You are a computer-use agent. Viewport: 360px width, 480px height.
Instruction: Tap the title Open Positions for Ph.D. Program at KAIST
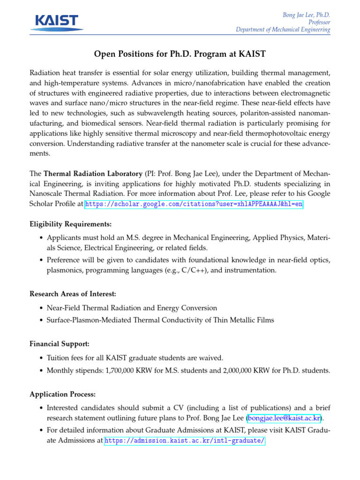[x=180, y=54]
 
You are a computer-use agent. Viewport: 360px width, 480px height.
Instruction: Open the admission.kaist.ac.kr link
[x=185, y=441]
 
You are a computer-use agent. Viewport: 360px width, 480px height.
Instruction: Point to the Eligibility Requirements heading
[x=71, y=224]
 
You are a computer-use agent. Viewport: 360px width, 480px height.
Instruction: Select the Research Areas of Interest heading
[x=73, y=294]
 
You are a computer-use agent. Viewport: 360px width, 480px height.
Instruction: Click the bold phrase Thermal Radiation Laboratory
[x=93, y=173]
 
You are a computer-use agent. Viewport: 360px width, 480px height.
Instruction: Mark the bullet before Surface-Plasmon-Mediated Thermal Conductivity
[x=41, y=320]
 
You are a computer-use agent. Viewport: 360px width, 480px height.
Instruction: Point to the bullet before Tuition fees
[x=41, y=358]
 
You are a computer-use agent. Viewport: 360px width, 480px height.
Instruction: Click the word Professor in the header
[x=319, y=22]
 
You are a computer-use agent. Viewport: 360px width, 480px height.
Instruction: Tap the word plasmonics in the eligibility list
[x=64, y=270]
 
